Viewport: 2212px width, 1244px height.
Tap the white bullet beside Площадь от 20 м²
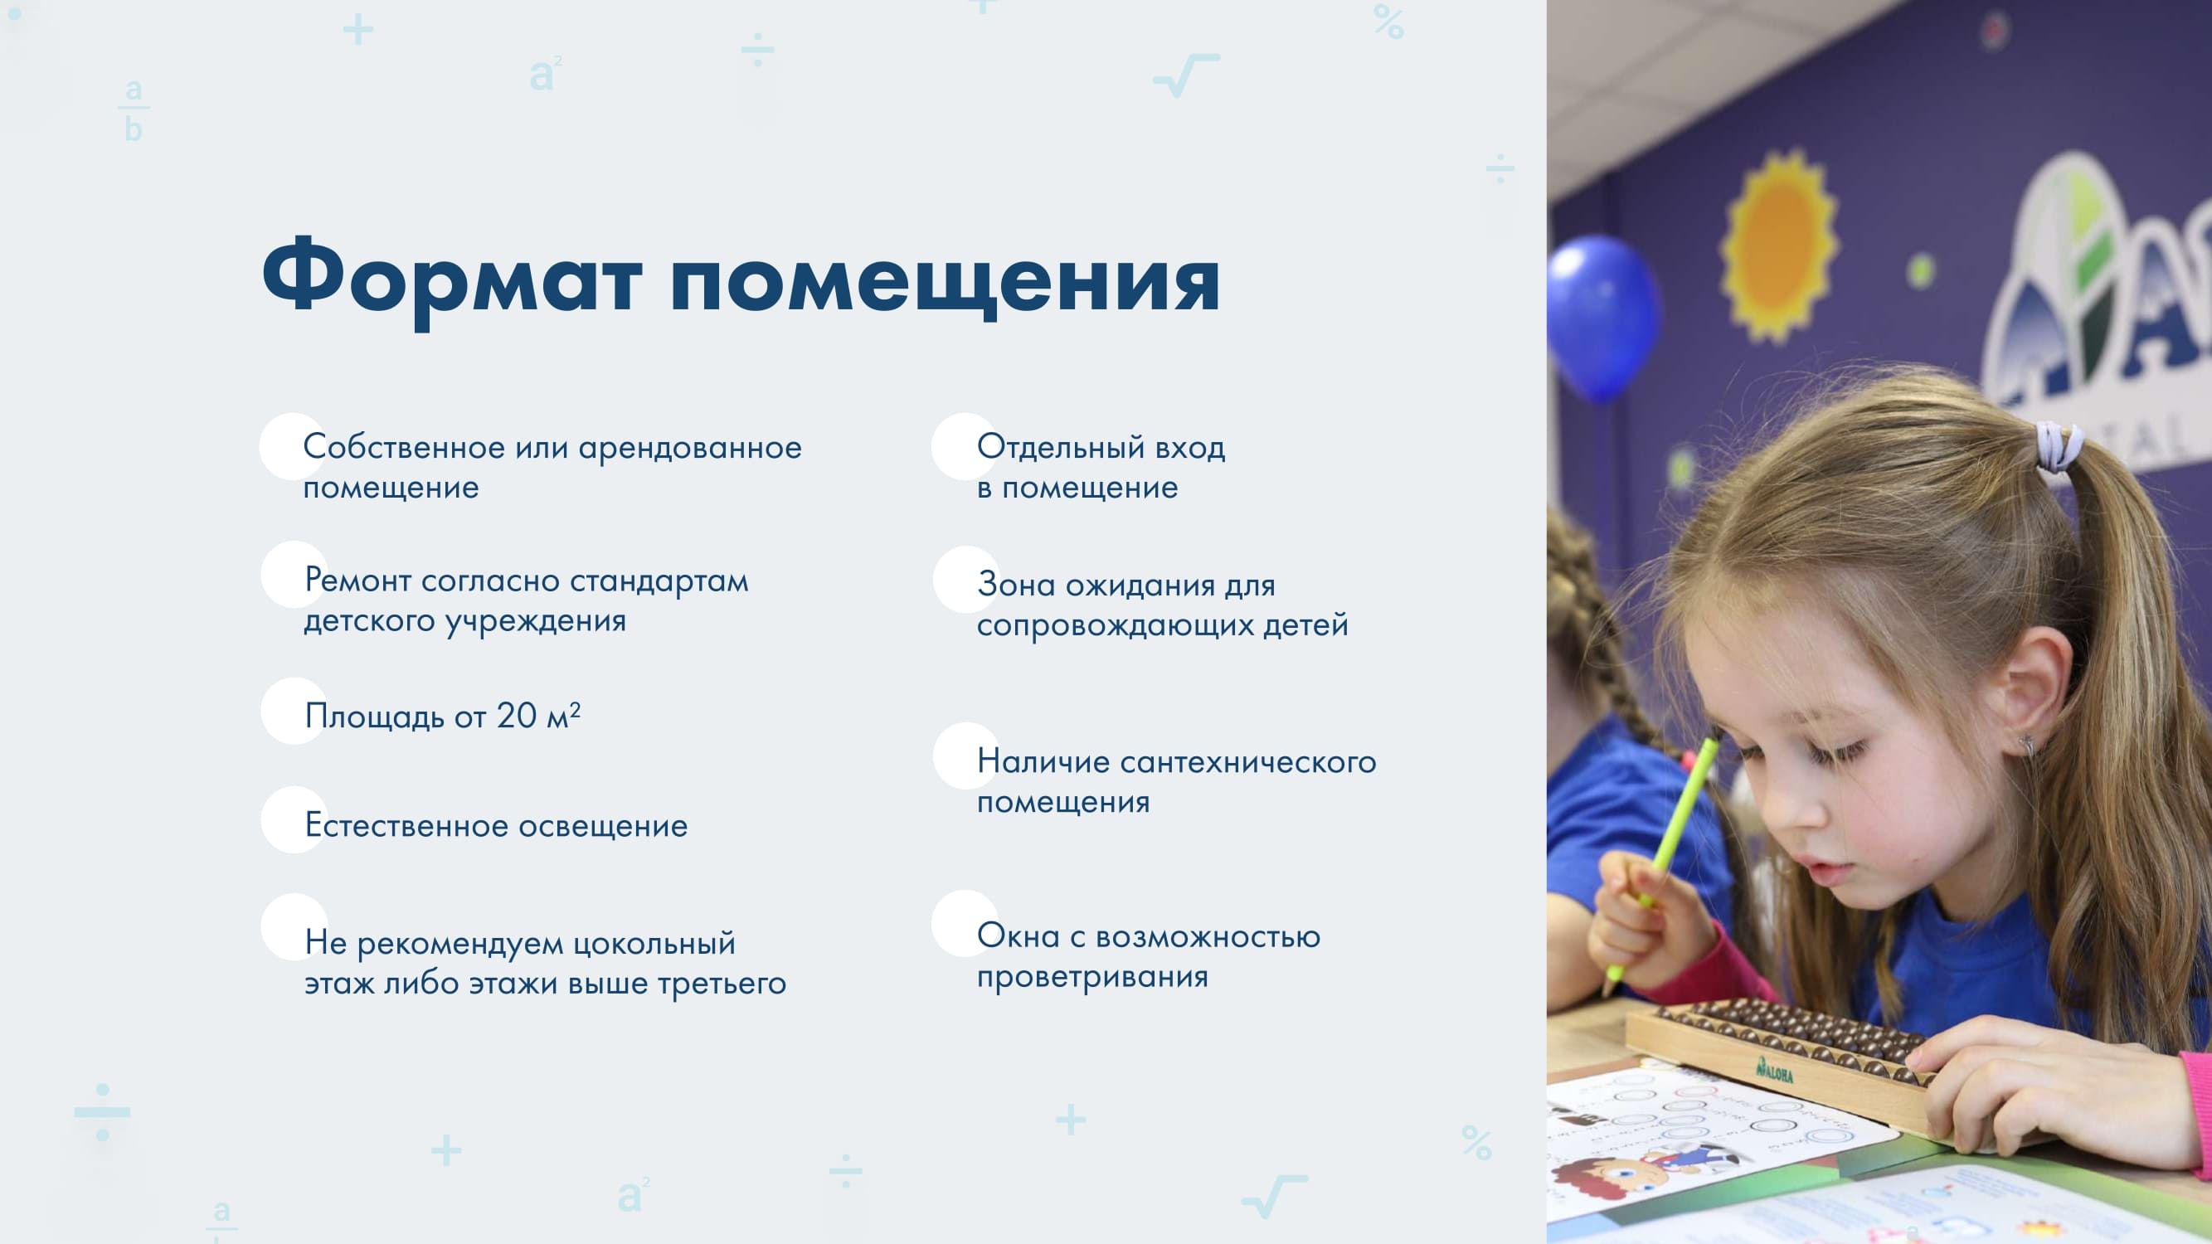(x=294, y=711)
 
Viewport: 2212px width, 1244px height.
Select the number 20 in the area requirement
(x=516, y=715)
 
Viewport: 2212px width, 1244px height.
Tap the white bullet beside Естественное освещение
(x=294, y=820)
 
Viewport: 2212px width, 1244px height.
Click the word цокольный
(x=654, y=944)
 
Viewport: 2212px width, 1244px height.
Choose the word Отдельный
(x=1061, y=447)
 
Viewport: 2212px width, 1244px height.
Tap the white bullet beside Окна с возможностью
(x=965, y=923)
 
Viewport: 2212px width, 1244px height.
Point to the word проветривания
(x=1092, y=977)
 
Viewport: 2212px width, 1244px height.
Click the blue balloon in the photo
(x=1602, y=318)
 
